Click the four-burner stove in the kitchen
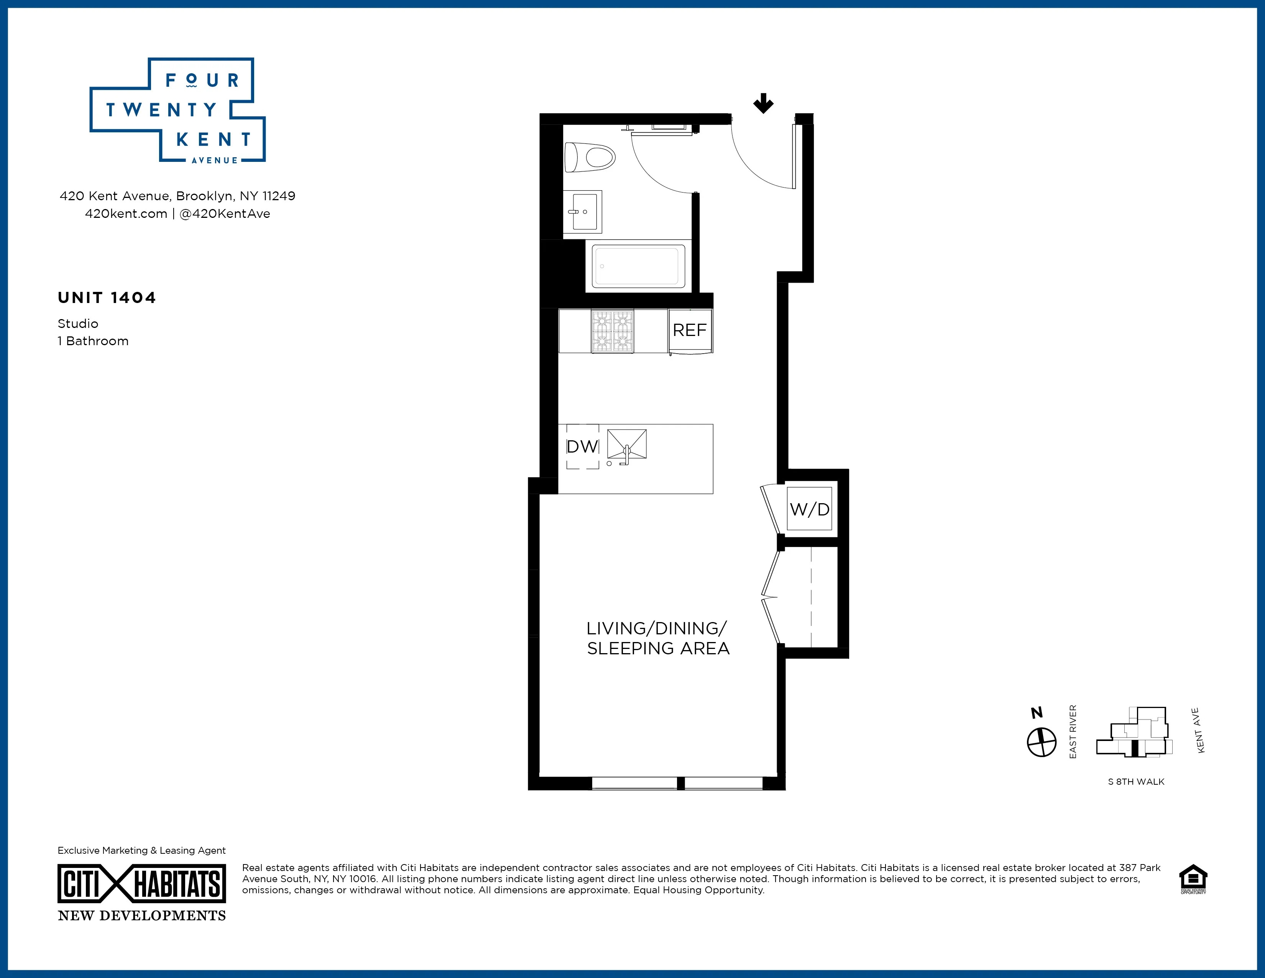pos(612,331)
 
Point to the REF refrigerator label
pos(689,330)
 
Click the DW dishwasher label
pos(582,447)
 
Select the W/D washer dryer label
pos(809,509)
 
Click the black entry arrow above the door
pos(763,104)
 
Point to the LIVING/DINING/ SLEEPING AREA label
pos(657,638)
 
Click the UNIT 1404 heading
pos(107,298)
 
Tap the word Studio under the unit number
pos(77,323)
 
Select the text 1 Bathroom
pos(93,341)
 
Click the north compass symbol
pos(1042,742)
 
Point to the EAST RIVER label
pos(1073,732)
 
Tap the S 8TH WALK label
pos(1136,782)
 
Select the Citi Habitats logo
pos(141,884)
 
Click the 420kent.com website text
pos(126,214)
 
